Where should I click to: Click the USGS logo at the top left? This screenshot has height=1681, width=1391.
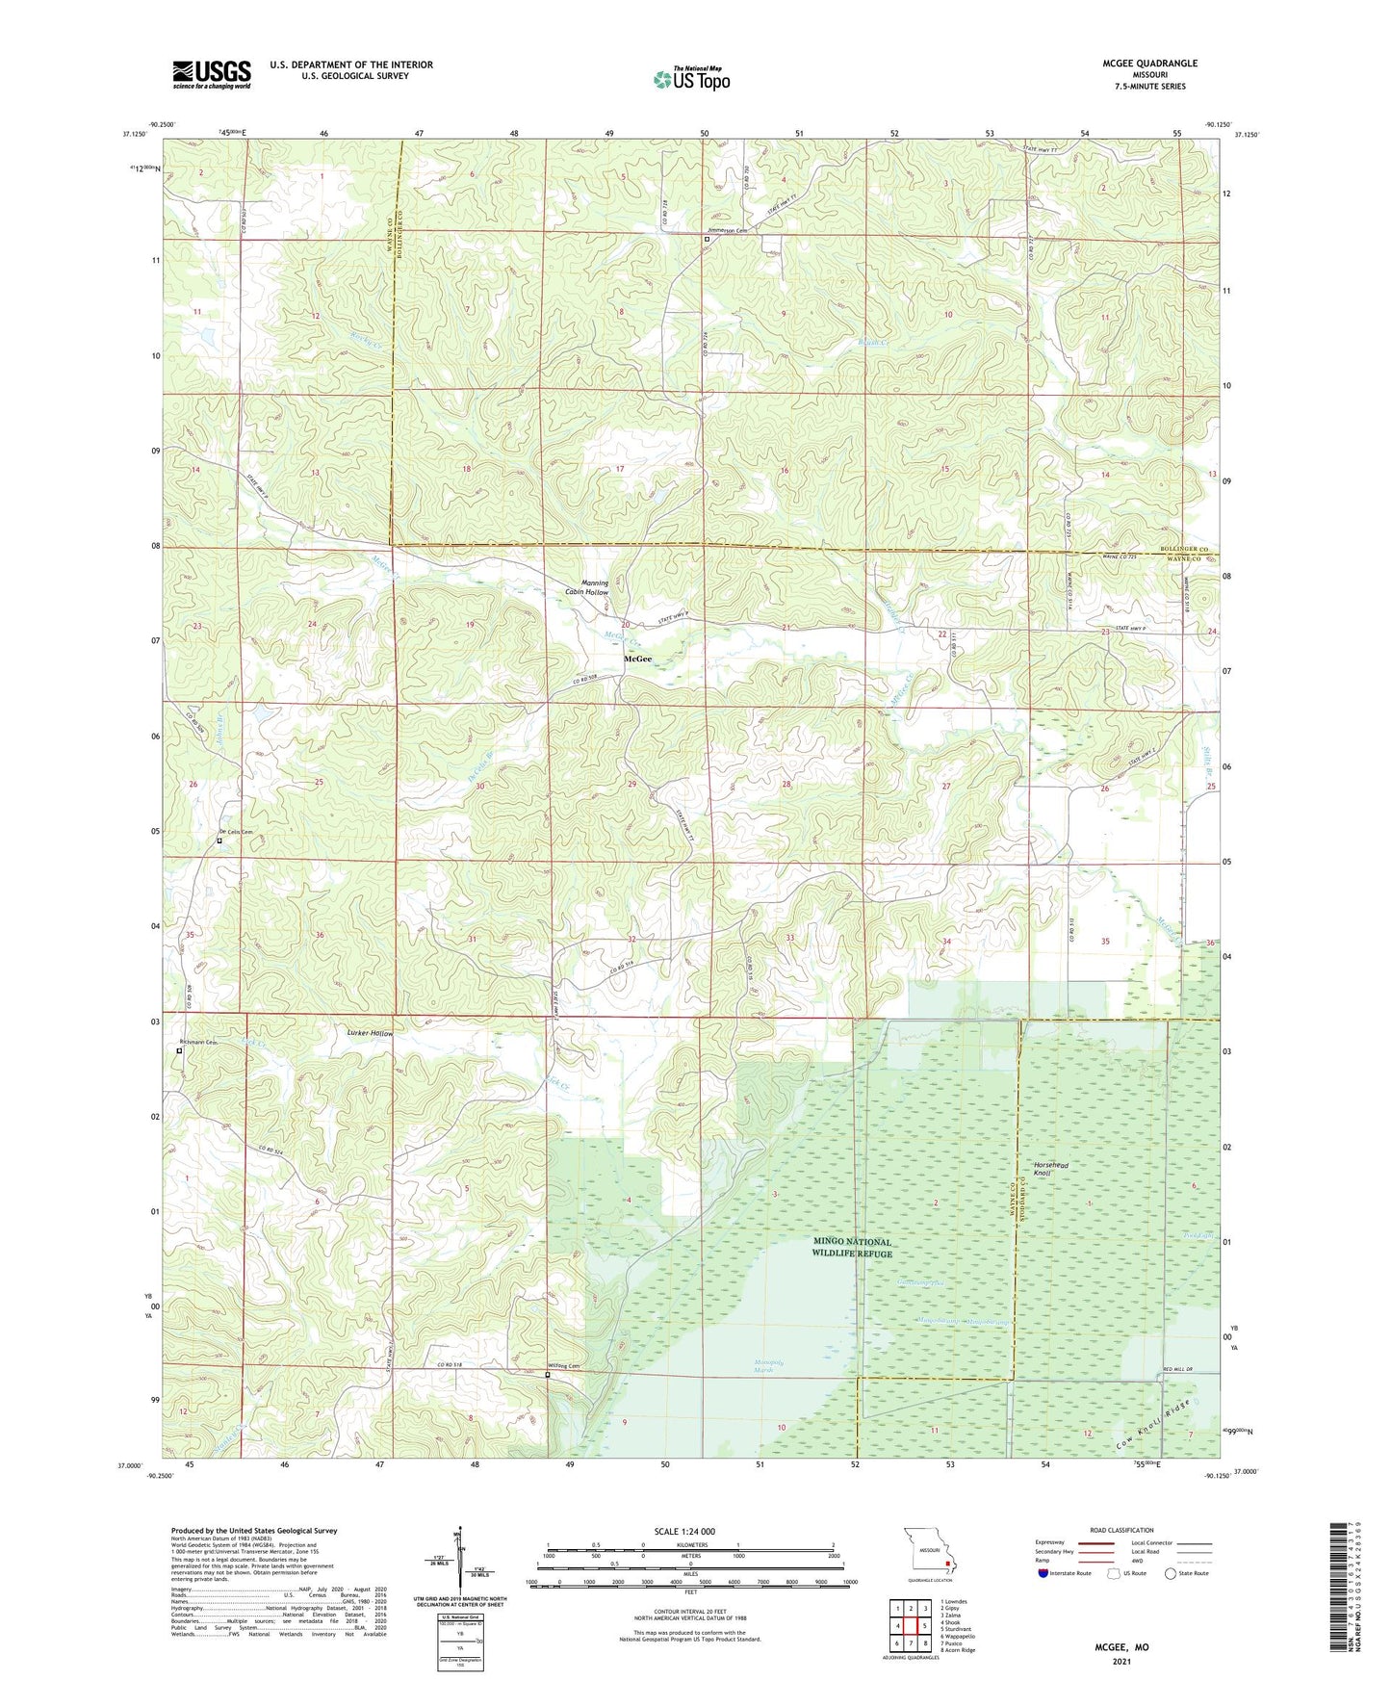coord(211,74)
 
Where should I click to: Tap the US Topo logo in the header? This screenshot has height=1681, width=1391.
coord(690,79)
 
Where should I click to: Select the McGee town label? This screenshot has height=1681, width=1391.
coord(637,659)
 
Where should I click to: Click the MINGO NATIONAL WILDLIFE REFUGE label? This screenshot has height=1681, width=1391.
coord(852,1248)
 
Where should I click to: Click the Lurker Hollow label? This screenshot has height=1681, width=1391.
coord(370,1032)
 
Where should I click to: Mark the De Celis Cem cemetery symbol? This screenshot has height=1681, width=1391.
coord(219,840)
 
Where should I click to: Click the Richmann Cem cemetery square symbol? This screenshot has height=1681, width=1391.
coord(179,1051)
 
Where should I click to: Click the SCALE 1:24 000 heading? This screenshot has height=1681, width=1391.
coord(691,1532)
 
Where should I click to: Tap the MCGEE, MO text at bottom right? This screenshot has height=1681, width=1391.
coord(1121,1647)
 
